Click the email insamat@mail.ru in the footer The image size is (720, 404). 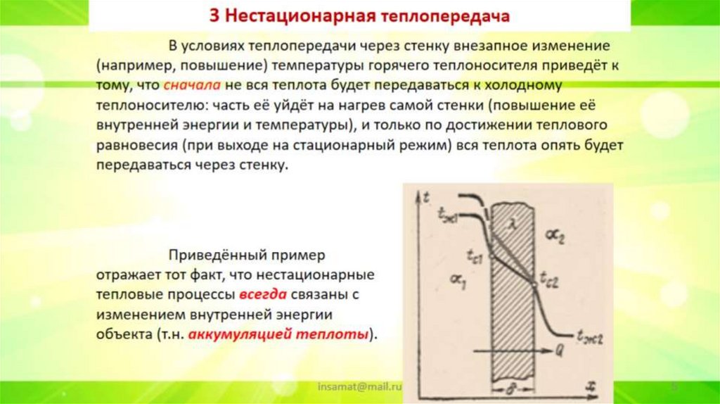click(x=359, y=386)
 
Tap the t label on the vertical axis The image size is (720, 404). click(x=427, y=198)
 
